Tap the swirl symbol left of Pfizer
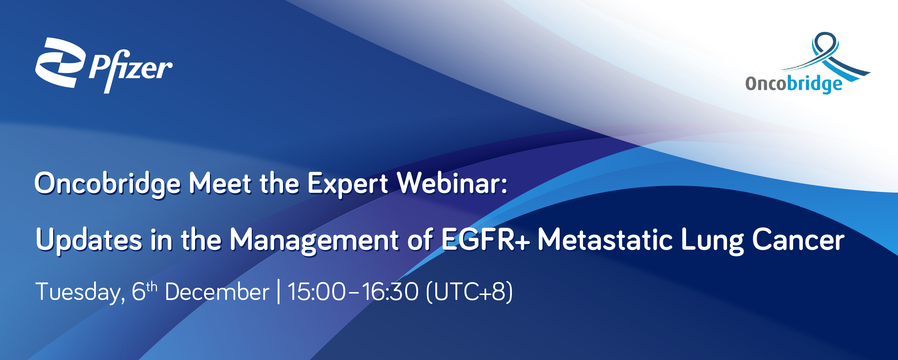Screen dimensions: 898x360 (60, 63)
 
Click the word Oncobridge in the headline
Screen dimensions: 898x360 (107, 184)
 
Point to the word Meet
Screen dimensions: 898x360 (220, 184)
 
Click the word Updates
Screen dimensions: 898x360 (89, 240)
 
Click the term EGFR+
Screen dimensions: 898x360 (486, 239)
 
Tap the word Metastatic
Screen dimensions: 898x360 (605, 239)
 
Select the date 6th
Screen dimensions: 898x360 (144, 291)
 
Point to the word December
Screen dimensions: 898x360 (217, 291)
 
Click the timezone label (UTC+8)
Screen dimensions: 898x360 (469, 292)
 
